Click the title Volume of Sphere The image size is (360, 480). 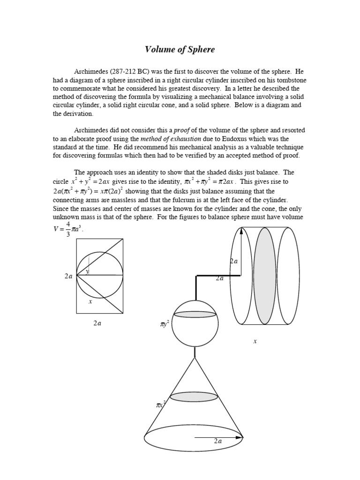pos(180,49)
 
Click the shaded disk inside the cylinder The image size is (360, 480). pos(264,276)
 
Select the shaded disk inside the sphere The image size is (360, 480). pos(195,315)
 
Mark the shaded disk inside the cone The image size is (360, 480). pos(194,397)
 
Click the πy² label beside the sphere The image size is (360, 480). pos(165,323)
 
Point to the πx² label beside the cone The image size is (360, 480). pos(161,404)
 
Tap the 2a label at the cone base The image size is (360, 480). pos(218,441)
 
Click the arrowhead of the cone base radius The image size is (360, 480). pos(240,437)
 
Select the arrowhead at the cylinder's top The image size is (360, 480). pos(241,231)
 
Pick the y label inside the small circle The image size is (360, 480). pos(87,271)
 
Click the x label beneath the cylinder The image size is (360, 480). pos(255,341)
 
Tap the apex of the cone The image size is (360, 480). pos(195,358)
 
